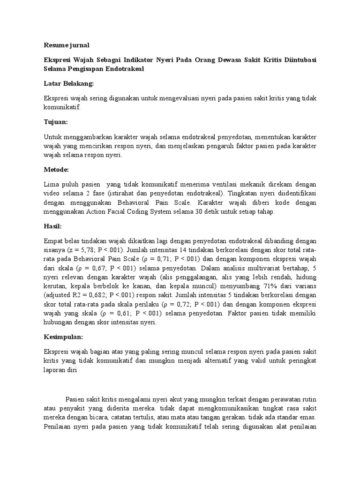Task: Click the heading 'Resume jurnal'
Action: [66, 45]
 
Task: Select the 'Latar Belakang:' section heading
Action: [68, 83]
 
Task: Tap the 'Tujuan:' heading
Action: [56, 122]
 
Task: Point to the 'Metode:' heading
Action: [56, 169]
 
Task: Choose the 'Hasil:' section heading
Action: [52, 226]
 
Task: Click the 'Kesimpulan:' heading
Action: [63, 337]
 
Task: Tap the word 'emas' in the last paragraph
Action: [307, 417]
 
